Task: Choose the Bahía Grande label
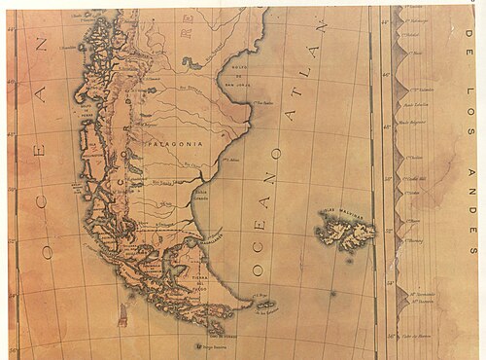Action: (x=201, y=198)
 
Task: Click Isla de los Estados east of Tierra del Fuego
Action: (x=264, y=306)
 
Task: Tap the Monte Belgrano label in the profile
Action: (x=415, y=125)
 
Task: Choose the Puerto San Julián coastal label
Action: (x=229, y=156)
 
